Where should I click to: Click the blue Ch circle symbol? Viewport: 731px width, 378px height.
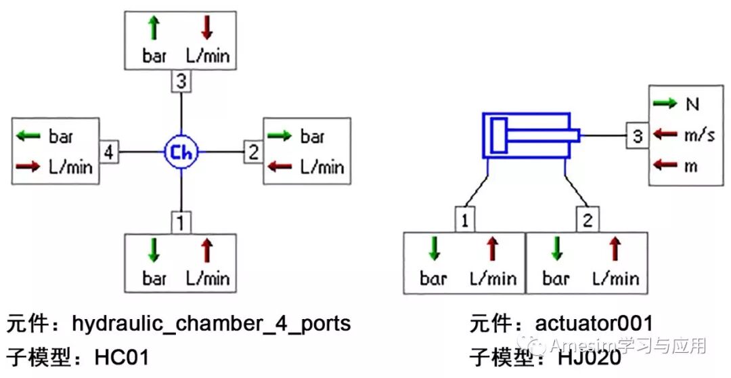(x=181, y=152)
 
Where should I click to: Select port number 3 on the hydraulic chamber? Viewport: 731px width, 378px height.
(x=181, y=83)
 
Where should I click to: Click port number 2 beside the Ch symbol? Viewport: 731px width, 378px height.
(x=252, y=152)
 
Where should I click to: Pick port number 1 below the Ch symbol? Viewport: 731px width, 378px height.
(x=181, y=222)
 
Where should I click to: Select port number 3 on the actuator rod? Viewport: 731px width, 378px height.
(x=637, y=135)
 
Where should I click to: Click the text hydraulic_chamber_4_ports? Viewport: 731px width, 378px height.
(x=211, y=324)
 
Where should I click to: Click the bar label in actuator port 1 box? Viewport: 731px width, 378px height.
(x=434, y=279)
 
